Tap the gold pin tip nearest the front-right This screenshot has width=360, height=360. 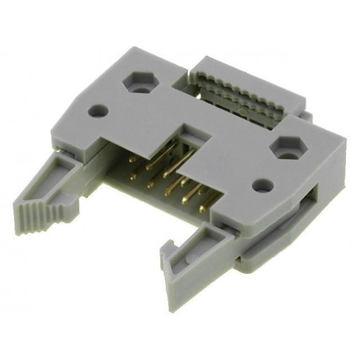(203, 209)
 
